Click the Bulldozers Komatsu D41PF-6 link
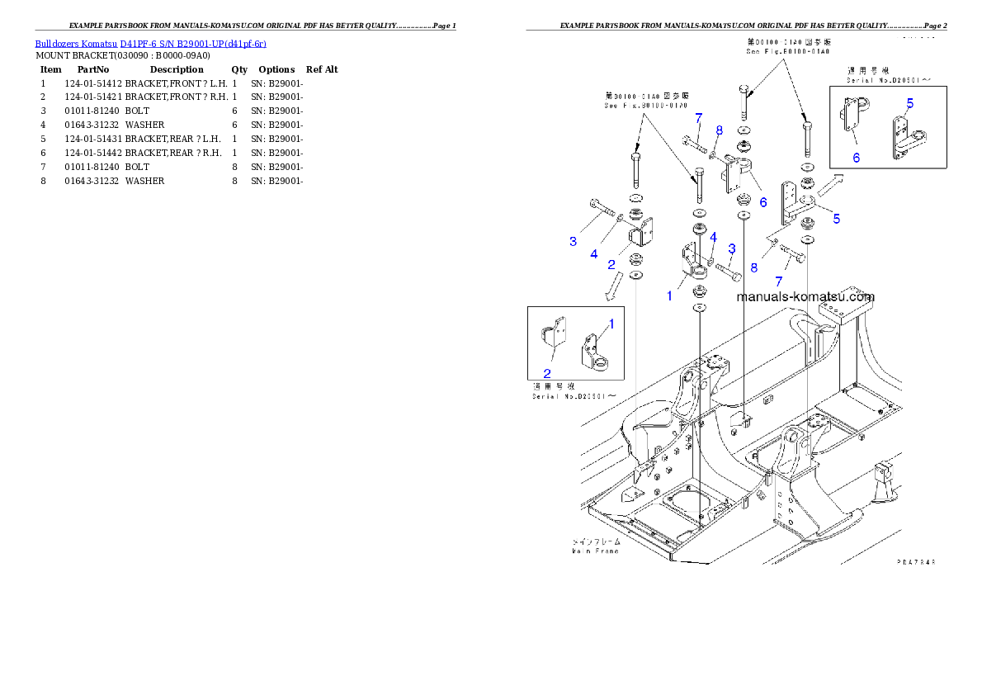click(150, 43)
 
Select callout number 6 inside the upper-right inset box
click(856, 158)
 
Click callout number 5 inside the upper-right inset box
click(909, 103)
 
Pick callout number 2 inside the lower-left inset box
click(546, 373)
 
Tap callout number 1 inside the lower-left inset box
click(611, 324)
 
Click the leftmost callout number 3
click(573, 241)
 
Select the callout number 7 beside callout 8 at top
click(698, 118)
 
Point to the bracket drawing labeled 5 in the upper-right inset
click(904, 136)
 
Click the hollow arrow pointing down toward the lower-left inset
click(613, 286)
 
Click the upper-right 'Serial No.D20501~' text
click(889, 80)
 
